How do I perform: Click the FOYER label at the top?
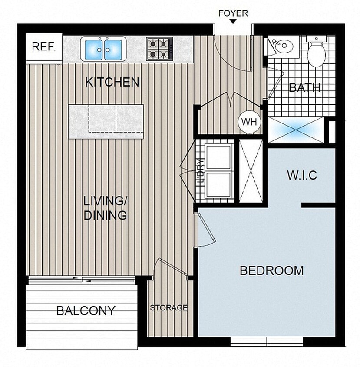coord(233,13)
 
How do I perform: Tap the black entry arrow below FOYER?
coord(233,22)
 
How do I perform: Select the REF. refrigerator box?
coord(44,47)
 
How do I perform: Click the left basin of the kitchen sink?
coord(94,49)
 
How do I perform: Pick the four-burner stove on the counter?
coord(159,49)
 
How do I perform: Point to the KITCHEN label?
coord(112,82)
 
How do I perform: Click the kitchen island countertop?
coord(106,121)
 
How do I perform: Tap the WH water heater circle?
coord(249,122)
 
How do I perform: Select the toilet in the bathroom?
coord(317,54)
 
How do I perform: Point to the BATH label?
coord(305,87)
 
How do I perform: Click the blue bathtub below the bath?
coord(296,130)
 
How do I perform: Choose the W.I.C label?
coord(302,175)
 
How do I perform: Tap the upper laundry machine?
coord(219,157)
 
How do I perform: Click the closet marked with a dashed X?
coord(251,171)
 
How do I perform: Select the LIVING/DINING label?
coord(105,208)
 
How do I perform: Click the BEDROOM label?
coord(271,270)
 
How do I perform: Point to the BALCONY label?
coord(86,311)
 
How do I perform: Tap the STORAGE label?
coord(169,308)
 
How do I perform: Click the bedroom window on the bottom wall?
coord(266,342)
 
